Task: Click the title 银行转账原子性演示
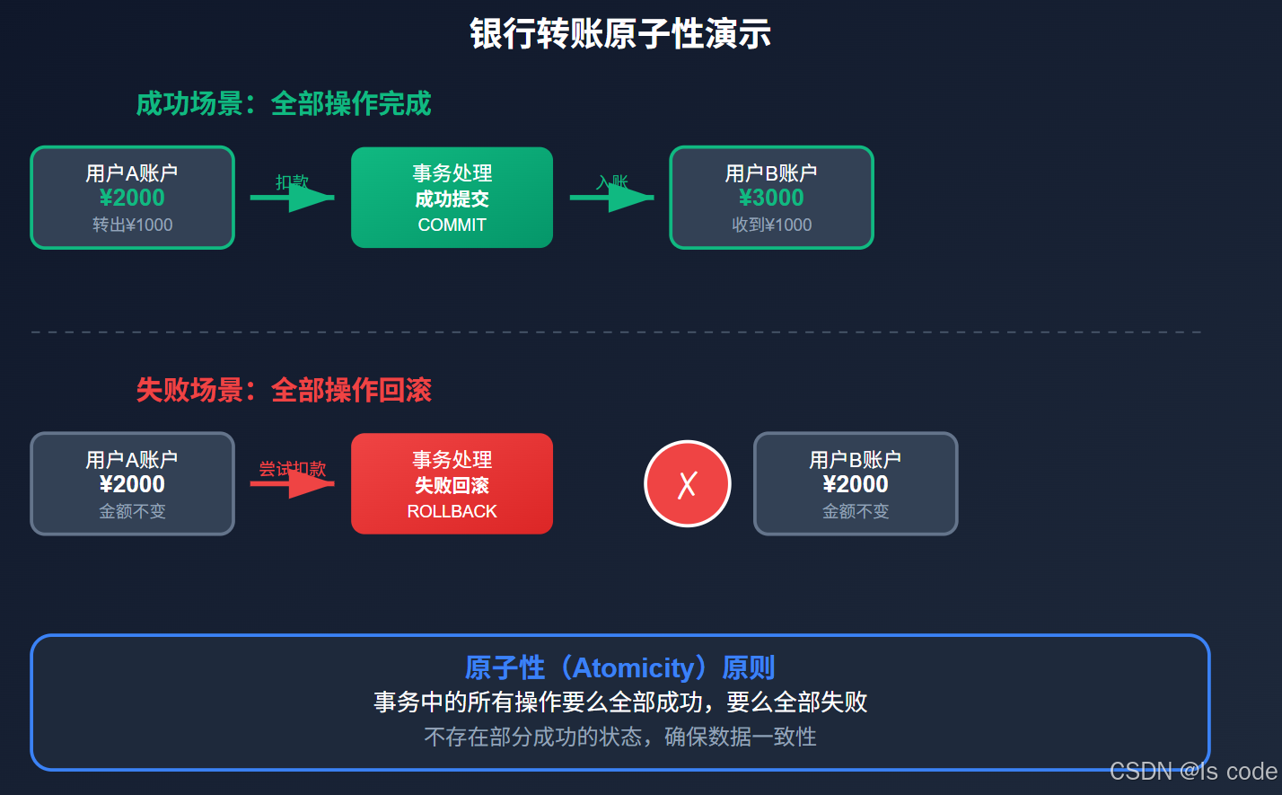(x=620, y=34)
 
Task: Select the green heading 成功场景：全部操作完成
(x=284, y=104)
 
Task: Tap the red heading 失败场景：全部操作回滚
(x=284, y=390)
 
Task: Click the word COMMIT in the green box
(x=452, y=225)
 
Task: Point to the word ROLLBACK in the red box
(x=452, y=511)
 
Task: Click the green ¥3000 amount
(x=771, y=198)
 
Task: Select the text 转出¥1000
(x=132, y=225)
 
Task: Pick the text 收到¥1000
(x=771, y=225)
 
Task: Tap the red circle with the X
(x=687, y=483)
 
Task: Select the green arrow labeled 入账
(x=612, y=197)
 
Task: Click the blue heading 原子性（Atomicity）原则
(x=619, y=667)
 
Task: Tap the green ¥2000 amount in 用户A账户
(x=132, y=198)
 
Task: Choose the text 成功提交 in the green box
(x=452, y=199)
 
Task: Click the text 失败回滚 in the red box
(x=452, y=486)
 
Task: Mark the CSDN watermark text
(x=1192, y=772)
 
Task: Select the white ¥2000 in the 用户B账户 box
(x=856, y=484)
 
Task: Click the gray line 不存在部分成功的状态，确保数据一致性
(x=619, y=738)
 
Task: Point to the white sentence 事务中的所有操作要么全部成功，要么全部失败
(x=619, y=702)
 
